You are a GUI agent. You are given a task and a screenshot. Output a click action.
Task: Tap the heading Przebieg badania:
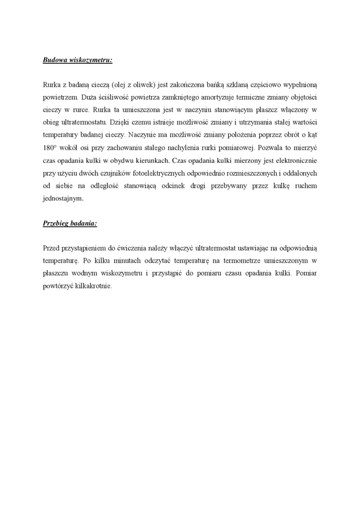click(x=70, y=223)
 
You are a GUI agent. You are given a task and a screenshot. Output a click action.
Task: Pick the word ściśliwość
click(x=98, y=97)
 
